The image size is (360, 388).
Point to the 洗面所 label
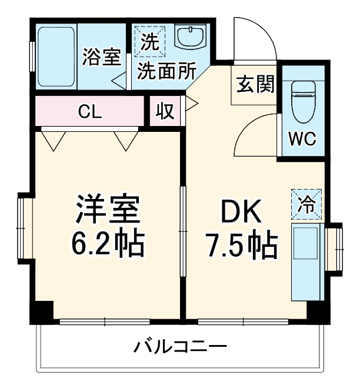coord(166,71)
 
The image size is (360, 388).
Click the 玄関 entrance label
coord(256,85)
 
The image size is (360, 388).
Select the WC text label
coord(302,140)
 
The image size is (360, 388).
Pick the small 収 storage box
coord(165,111)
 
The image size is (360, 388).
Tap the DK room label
coord(241,212)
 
